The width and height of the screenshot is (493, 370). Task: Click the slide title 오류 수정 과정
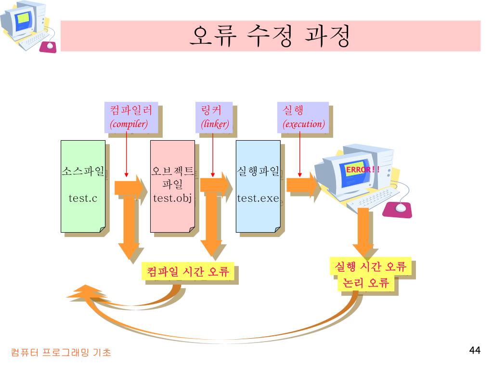(270, 37)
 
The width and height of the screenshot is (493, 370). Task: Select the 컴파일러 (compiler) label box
(131, 117)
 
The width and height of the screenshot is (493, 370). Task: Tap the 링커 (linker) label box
(214, 117)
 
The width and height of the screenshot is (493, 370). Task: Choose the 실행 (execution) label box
(303, 117)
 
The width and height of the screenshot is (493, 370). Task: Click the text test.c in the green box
(83, 198)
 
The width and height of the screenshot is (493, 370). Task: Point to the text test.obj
(172, 198)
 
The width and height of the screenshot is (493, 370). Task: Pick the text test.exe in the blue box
(258, 198)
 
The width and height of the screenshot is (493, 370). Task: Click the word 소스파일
(83, 171)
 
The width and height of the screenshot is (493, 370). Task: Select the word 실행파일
(258, 171)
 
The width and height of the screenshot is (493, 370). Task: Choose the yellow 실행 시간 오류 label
(370, 266)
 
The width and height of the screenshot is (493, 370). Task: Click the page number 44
(475, 350)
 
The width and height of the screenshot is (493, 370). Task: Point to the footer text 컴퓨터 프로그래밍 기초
(61, 353)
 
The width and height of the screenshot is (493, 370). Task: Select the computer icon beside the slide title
(26, 26)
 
